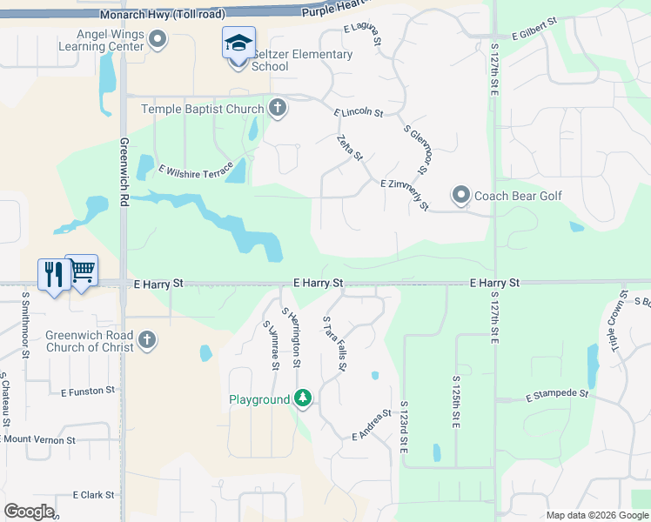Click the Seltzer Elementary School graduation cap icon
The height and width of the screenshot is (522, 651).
tap(238, 41)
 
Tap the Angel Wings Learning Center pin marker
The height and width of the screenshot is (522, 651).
tap(158, 38)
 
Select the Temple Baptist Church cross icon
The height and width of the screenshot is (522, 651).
tap(277, 108)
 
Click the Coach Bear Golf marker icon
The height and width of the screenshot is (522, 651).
tap(460, 195)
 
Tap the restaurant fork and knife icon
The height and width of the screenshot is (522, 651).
tap(54, 274)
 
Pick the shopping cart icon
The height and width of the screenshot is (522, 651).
tap(82, 271)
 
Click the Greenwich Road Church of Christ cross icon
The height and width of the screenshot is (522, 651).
tap(147, 340)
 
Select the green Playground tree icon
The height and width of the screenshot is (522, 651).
tap(302, 398)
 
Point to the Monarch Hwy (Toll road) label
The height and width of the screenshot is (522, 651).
tap(162, 15)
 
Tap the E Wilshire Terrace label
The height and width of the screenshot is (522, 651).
tap(196, 167)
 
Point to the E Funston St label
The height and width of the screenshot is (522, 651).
tap(88, 391)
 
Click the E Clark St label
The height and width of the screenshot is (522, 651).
tap(93, 494)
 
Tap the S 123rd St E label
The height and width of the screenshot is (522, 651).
tap(404, 426)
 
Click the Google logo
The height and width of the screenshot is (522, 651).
tap(29, 511)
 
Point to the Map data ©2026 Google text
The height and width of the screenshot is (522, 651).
tap(596, 515)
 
